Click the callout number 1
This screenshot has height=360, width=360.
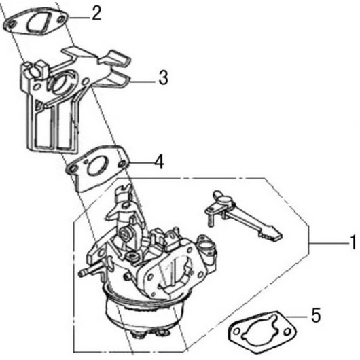click(354, 242)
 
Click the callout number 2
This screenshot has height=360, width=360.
click(96, 14)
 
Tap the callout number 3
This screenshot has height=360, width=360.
click(163, 78)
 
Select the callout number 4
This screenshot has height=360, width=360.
click(159, 162)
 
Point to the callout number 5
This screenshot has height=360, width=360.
click(316, 315)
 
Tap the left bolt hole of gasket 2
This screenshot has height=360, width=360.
click(12, 24)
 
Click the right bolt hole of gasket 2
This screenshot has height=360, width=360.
click(60, 20)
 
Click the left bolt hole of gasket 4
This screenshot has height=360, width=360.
click(73, 169)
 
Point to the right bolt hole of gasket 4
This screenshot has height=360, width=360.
click(123, 164)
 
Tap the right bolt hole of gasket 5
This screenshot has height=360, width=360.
click(287, 332)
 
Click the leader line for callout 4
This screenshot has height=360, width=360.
click(141, 163)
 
